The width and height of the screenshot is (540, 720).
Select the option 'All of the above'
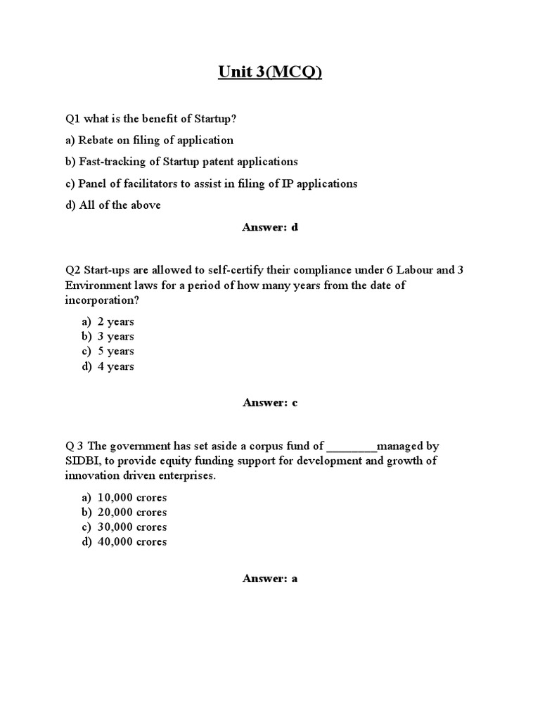coord(112,205)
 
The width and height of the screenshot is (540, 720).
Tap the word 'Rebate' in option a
coord(96,140)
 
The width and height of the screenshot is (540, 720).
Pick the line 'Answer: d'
coord(270,227)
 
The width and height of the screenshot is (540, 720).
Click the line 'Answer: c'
coord(270,402)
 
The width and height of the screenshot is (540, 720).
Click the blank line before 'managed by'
coord(352,446)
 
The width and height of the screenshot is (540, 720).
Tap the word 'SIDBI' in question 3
coord(82,461)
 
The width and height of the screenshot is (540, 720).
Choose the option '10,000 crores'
coord(131,498)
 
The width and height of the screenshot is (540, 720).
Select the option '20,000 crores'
coord(131,513)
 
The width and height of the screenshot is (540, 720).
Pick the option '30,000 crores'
coord(131,527)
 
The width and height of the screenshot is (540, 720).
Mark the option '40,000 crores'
coord(131,542)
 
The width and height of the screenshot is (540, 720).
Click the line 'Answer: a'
coord(270,579)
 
